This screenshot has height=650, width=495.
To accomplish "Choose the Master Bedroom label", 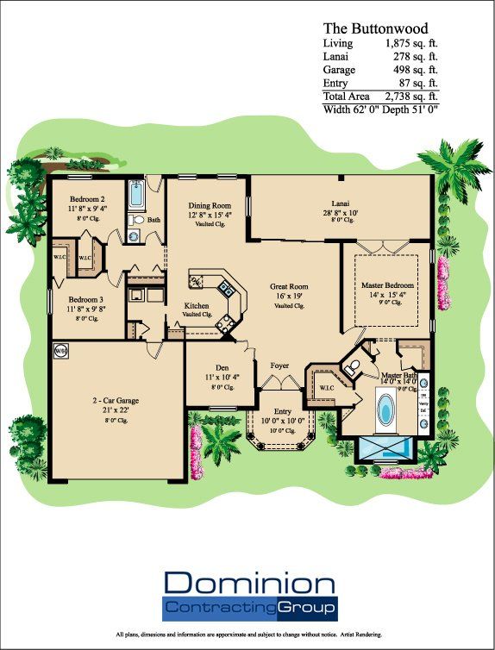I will (x=387, y=285).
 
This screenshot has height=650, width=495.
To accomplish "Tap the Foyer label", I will (x=279, y=365).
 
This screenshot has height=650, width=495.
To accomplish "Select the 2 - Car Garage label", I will (x=116, y=401).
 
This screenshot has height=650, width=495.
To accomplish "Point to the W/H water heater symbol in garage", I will (x=60, y=352).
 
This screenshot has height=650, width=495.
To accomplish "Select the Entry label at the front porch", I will (x=283, y=411).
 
